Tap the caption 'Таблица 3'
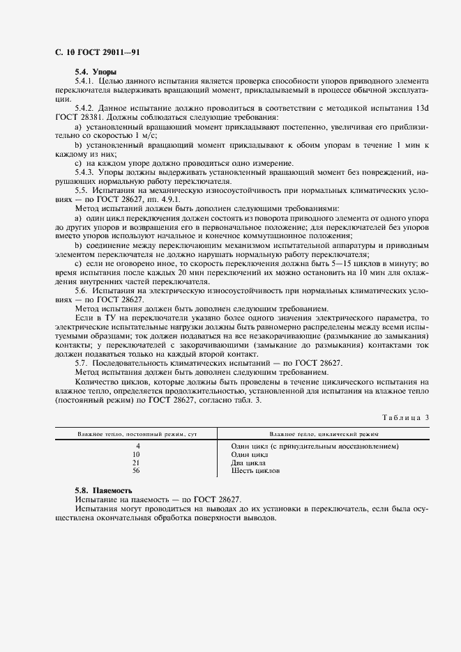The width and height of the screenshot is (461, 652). tap(407, 417)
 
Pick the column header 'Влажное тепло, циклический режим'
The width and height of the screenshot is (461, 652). tap(324, 433)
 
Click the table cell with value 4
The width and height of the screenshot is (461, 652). tap(138, 446)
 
